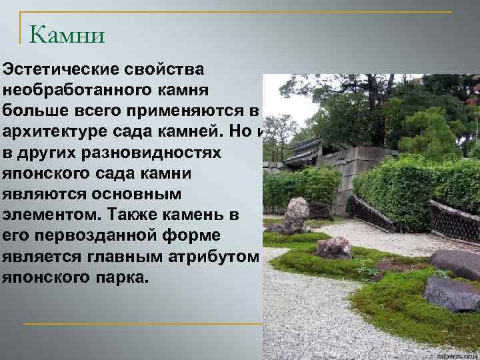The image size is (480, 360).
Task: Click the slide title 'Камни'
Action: pyautogui.click(x=67, y=33)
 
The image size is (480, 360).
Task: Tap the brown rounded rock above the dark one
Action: pyautogui.click(x=455, y=263)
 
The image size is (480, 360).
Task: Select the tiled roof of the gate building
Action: pyautogui.click(x=303, y=150)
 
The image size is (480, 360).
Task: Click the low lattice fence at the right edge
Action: pyautogui.click(x=453, y=221)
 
